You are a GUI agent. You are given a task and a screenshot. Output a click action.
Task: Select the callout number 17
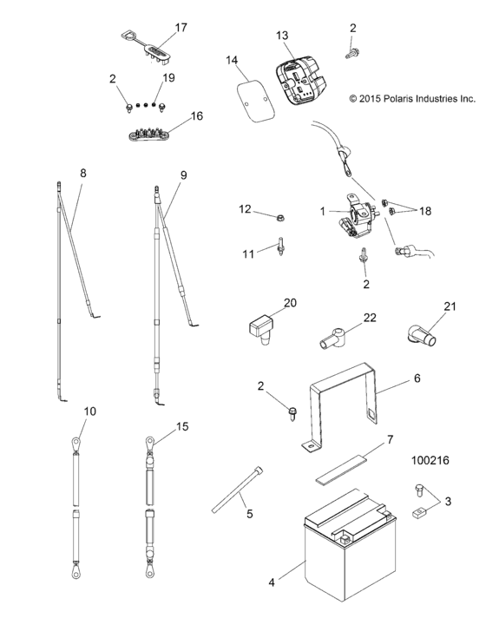point(181,28)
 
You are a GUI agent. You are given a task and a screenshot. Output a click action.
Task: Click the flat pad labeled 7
point(347,461)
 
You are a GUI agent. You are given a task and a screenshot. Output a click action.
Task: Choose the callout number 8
point(83,174)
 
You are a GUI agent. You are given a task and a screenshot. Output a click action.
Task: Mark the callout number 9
point(183,174)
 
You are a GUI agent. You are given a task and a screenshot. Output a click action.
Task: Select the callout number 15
point(181,426)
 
